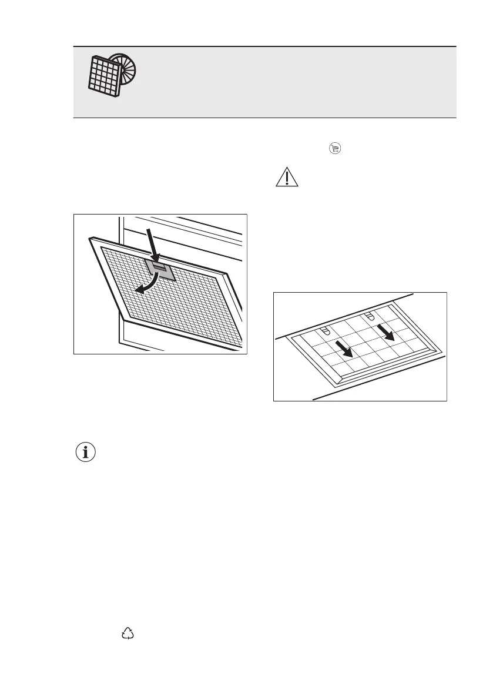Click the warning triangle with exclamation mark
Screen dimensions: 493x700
[287, 177]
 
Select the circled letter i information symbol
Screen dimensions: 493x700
[86, 453]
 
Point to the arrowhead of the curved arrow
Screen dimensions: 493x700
[139, 288]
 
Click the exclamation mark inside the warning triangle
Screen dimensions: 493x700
[287, 179]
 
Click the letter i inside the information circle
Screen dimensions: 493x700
[86, 453]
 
